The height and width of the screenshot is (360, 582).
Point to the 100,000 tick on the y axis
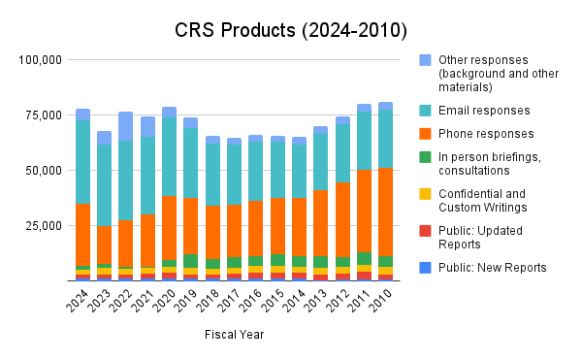click(41, 60)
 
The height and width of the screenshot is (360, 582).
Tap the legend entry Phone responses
click(486, 134)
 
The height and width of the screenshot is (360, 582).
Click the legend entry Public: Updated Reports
click(486, 238)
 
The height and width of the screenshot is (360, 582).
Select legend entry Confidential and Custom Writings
click(486, 200)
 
